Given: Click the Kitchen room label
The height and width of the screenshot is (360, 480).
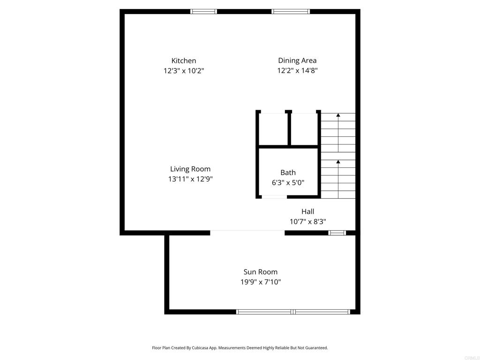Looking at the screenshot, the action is click(184, 60).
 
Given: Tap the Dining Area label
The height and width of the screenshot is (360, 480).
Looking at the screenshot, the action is click(297, 60).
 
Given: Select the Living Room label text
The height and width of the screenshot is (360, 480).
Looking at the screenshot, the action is click(190, 169).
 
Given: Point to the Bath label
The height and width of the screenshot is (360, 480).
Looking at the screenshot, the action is click(288, 172).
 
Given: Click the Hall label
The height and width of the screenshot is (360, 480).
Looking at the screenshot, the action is click(307, 211).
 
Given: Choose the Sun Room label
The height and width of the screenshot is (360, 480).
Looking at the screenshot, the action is click(261, 272).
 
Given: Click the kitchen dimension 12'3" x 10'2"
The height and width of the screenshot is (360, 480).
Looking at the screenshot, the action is click(184, 71).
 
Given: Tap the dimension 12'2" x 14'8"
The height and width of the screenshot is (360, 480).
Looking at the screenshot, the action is click(297, 70).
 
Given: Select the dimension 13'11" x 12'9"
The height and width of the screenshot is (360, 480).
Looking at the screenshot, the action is click(190, 179).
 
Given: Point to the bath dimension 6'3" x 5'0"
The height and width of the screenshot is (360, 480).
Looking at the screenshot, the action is click(288, 182).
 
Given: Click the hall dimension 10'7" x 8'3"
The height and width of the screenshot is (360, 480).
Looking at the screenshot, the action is click(307, 221).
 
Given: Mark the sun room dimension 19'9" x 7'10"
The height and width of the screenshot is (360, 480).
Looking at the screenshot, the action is click(261, 282).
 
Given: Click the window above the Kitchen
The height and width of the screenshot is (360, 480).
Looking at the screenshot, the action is click(203, 12).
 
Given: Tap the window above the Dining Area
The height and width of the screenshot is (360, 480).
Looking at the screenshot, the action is click(291, 12).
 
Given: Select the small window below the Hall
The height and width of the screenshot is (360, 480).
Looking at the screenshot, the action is click(337, 233).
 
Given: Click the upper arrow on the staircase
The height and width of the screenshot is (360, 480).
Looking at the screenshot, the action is click(338, 133).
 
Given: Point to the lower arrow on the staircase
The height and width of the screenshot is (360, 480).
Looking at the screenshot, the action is click(338, 179).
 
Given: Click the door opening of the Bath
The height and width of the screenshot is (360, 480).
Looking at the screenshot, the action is click(274, 197).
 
